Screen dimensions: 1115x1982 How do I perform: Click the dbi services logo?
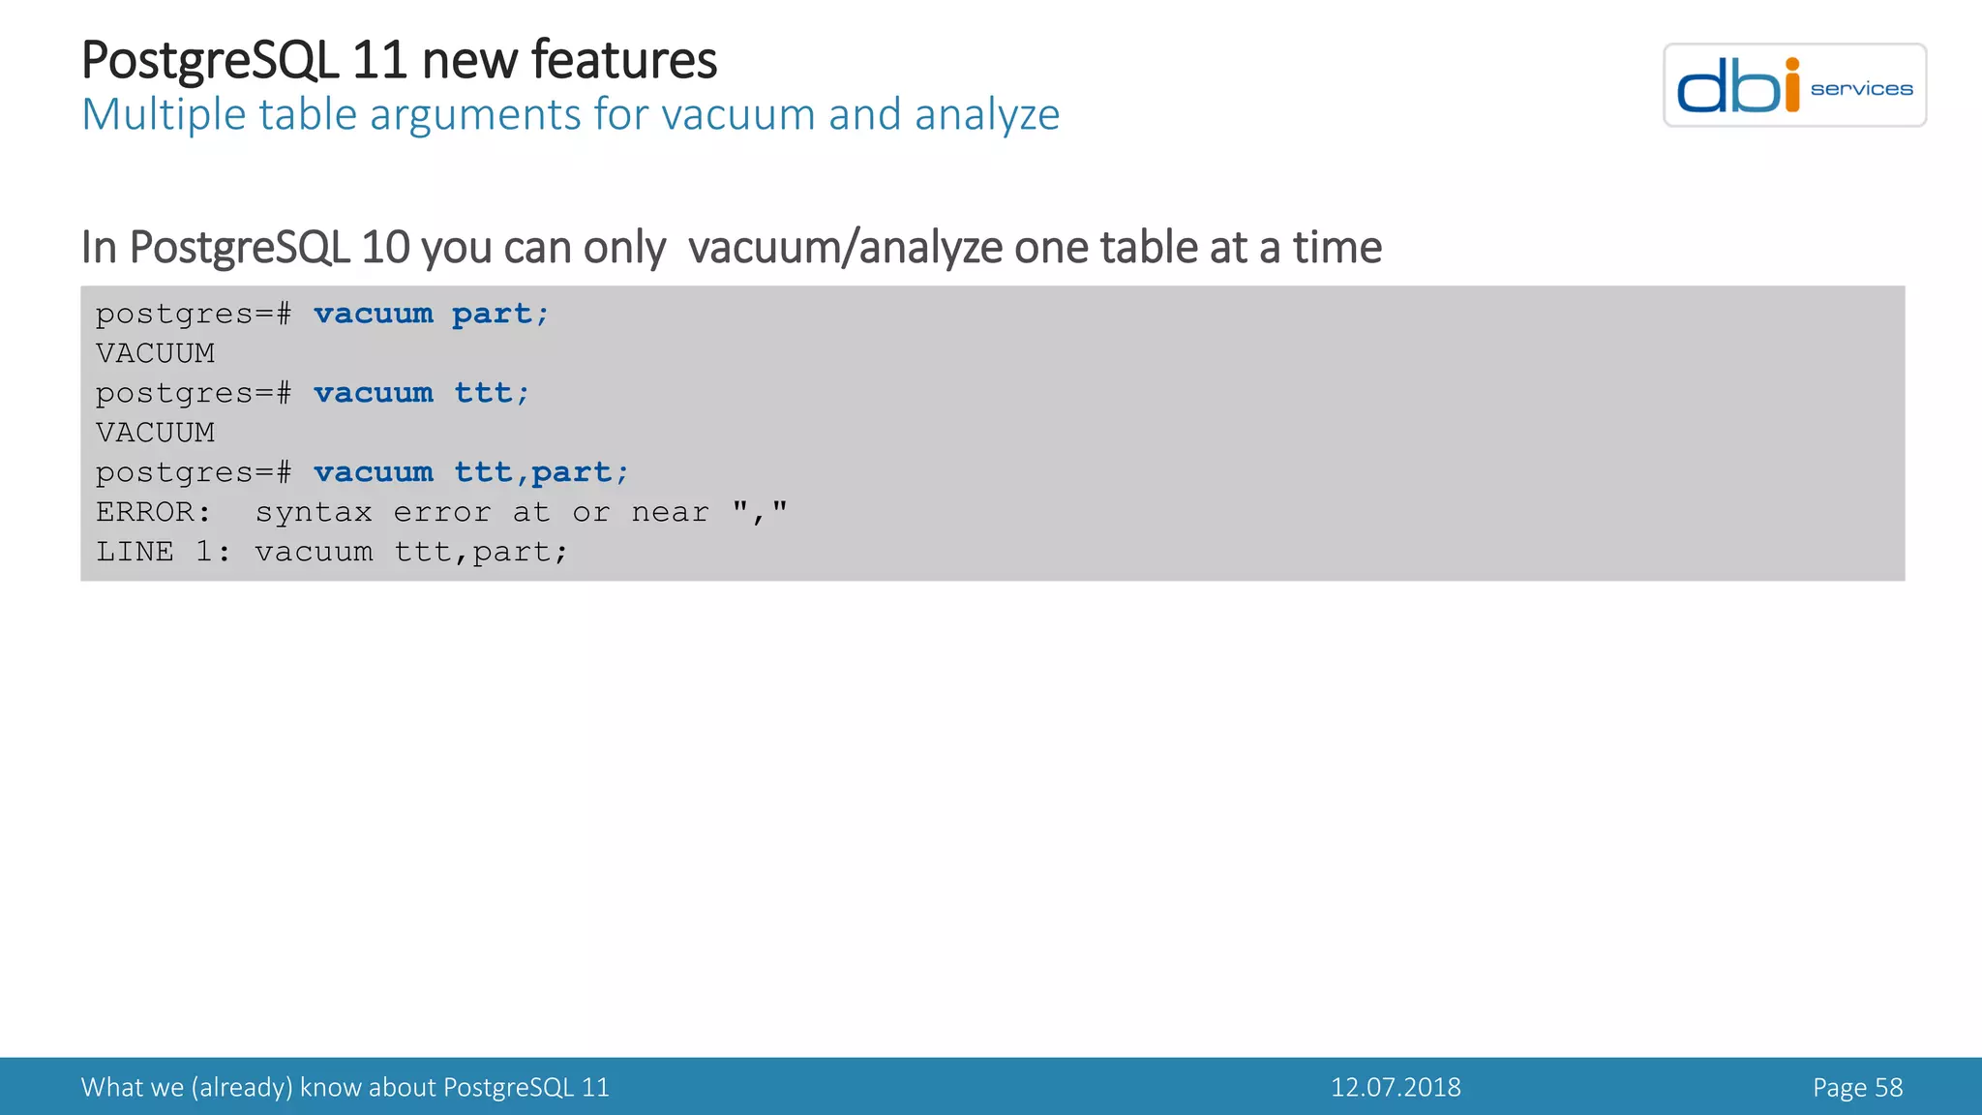pos(1794,85)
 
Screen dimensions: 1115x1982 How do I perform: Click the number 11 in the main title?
pos(378,60)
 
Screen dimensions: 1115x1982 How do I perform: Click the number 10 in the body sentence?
pos(385,248)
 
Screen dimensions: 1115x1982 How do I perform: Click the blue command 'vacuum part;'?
pos(431,314)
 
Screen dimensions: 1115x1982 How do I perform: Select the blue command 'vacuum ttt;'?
pos(421,393)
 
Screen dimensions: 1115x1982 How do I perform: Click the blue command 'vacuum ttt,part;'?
pos(470,472)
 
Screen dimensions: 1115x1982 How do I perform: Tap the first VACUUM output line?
pos(155,353)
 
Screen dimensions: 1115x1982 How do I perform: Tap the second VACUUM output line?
pos(155,433)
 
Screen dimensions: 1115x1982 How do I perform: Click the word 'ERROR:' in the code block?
pos(153,512)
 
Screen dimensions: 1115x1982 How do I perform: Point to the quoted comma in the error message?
pos(760,511)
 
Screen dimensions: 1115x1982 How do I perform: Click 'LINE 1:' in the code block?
pos(164,552)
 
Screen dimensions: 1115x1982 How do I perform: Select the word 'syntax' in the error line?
pos(314,513)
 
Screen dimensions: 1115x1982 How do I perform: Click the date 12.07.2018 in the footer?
pos(1396,1087)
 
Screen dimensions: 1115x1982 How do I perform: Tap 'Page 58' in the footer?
pos(1857,1087)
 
